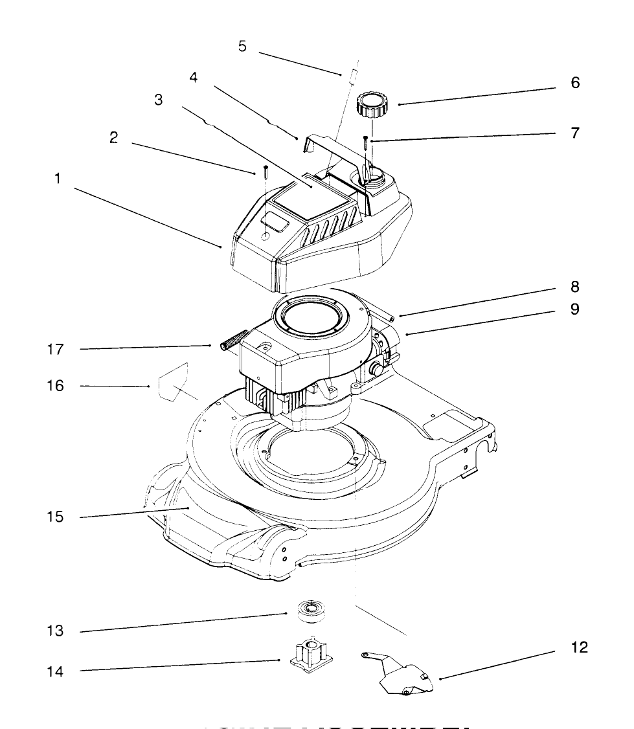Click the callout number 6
tap(575, 83)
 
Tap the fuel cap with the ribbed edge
tap(371, 104)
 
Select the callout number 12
tap(580, 647)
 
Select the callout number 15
tap(56, 517)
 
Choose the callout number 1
tap(57, 179)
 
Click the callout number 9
tap(574, 309)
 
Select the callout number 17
tap(56, 350)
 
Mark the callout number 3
tap(159, 100)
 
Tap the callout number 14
tap(56, 672)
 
